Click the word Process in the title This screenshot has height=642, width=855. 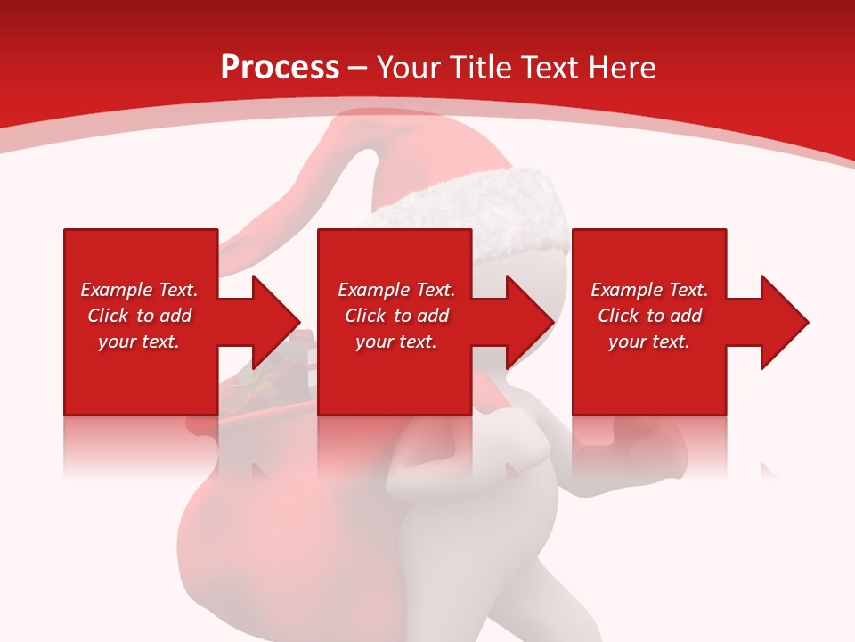tap(280, 68)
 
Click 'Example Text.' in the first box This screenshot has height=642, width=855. tap(139, 290)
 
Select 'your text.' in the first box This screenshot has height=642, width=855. tap(139, 342)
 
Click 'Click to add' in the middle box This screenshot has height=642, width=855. tap(396, 316)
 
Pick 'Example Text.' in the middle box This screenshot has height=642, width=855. tap(396, 290)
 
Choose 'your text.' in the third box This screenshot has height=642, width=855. tap(648, 342)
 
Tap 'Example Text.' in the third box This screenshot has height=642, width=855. tap(649, 290)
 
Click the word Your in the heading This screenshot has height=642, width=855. tap(408, 68)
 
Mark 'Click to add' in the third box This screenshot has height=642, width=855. tap(649, 316)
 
